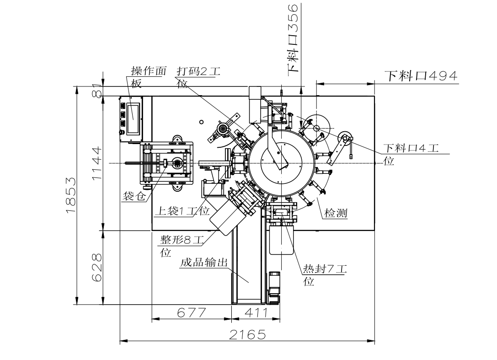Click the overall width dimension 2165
point(247,335)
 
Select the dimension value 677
point(191,312)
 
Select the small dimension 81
point(96,90)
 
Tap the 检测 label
point(336,213)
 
